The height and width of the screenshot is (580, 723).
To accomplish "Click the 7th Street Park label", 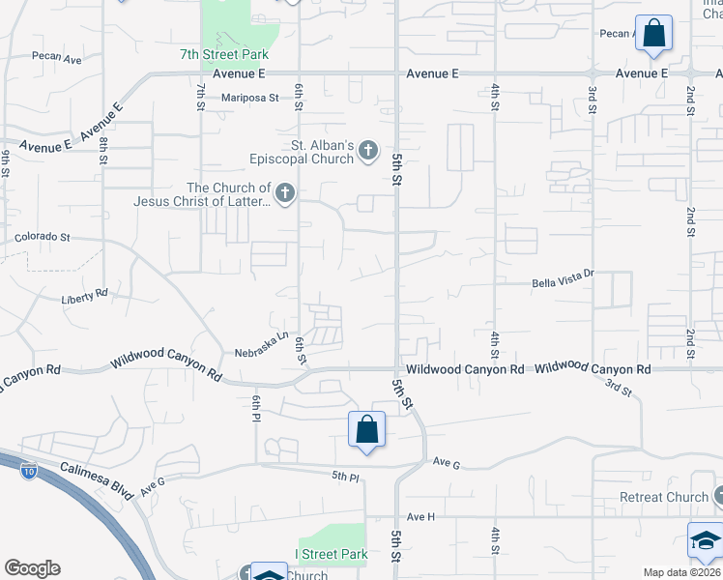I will pyautogui.click(x=224, y=55).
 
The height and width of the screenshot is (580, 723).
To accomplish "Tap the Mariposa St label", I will pyautogui.click(x=249, y=98).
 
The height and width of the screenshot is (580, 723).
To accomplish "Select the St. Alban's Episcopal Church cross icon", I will pyautogui.click(x=367, y=150).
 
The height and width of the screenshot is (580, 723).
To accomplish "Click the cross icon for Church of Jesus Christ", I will pyautogui.click(x=284, y=194).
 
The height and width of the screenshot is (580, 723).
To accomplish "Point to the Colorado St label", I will pyautogui.click(x=43, y=237).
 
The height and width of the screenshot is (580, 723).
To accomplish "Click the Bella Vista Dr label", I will pyautogui.click(x=562, y=282).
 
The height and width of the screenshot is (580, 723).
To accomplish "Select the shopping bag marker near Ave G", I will pyautogui.click(x=367, y=430).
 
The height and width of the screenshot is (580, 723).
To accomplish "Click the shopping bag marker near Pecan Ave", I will pyautogui.click(x=654, y=33).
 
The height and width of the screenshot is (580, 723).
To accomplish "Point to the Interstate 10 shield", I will pyautogui.click(x=29, y=472).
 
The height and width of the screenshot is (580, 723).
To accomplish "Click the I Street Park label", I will pyautogui.click(x=331, y=555).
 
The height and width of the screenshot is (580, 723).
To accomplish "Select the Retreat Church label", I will pyautogui.click(x=664, y=498).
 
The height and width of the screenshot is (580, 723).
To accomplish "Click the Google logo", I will pyautogui.click(x=32, y=568).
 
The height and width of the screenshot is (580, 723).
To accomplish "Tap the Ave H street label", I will pyautogui.click(x=421, y=517).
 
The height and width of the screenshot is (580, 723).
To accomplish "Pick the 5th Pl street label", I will pyautogui.click(x=345, y=476).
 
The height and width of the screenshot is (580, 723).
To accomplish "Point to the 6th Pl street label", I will pyautogui.click(x=257, y=407).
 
